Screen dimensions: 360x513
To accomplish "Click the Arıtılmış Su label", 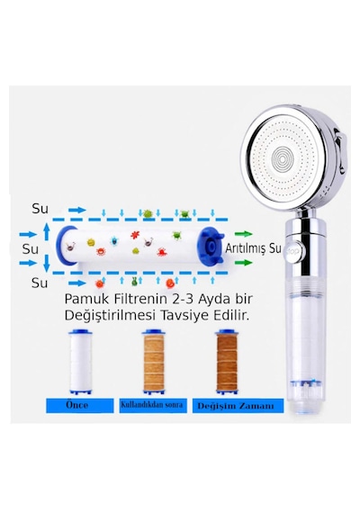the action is pyautogui.click(x=253, y=248).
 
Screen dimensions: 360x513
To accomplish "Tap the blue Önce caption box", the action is pyautogui.click(x=79, y=405).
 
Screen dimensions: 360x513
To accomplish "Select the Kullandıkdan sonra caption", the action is pyautogui.click(x=152, y=405).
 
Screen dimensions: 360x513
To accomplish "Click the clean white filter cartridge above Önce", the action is pyautogui.click(x=80, y=362).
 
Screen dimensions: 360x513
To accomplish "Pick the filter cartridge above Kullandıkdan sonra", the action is pyautogui.click(x=154, y=362).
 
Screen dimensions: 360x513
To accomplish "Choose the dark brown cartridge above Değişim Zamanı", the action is pyautogui.click(x=227, y=362).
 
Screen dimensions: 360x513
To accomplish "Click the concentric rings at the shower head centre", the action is pyautogui.click(x=283, y=159).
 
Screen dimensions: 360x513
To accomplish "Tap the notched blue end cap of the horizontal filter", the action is pyautogui.click(x=210, y=246).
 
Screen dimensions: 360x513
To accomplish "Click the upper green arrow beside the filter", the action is pyautogui.click(x=244, y=234).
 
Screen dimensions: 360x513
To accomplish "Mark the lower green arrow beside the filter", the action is pyautogui.click(x=244, y=263).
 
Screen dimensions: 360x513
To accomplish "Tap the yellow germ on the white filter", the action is pyautogui.click(x=91, y=242).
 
